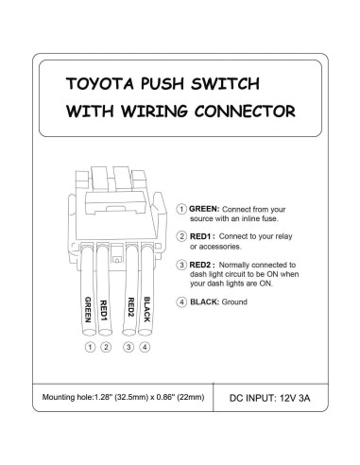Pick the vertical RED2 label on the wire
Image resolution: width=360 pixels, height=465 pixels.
[x=129, y=310]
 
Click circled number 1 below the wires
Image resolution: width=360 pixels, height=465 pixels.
[x=90, y=347]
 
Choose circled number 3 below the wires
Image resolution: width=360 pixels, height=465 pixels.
[x=129, y=347]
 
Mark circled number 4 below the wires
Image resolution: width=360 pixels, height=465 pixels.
[x=146, y=347]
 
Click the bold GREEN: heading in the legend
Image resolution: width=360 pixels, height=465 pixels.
[x=205, y=207]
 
